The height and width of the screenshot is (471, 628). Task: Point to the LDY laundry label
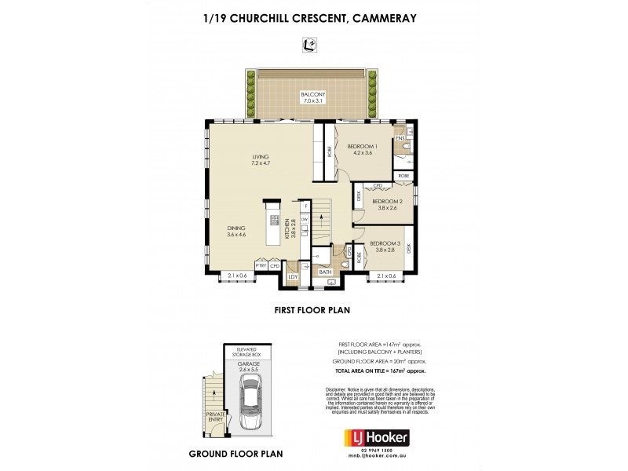point(293,276)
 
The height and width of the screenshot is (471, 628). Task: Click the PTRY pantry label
point(261,266)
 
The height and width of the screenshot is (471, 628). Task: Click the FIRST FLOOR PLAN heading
point(312,310)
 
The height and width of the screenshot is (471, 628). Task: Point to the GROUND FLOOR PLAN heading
point(235,454)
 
